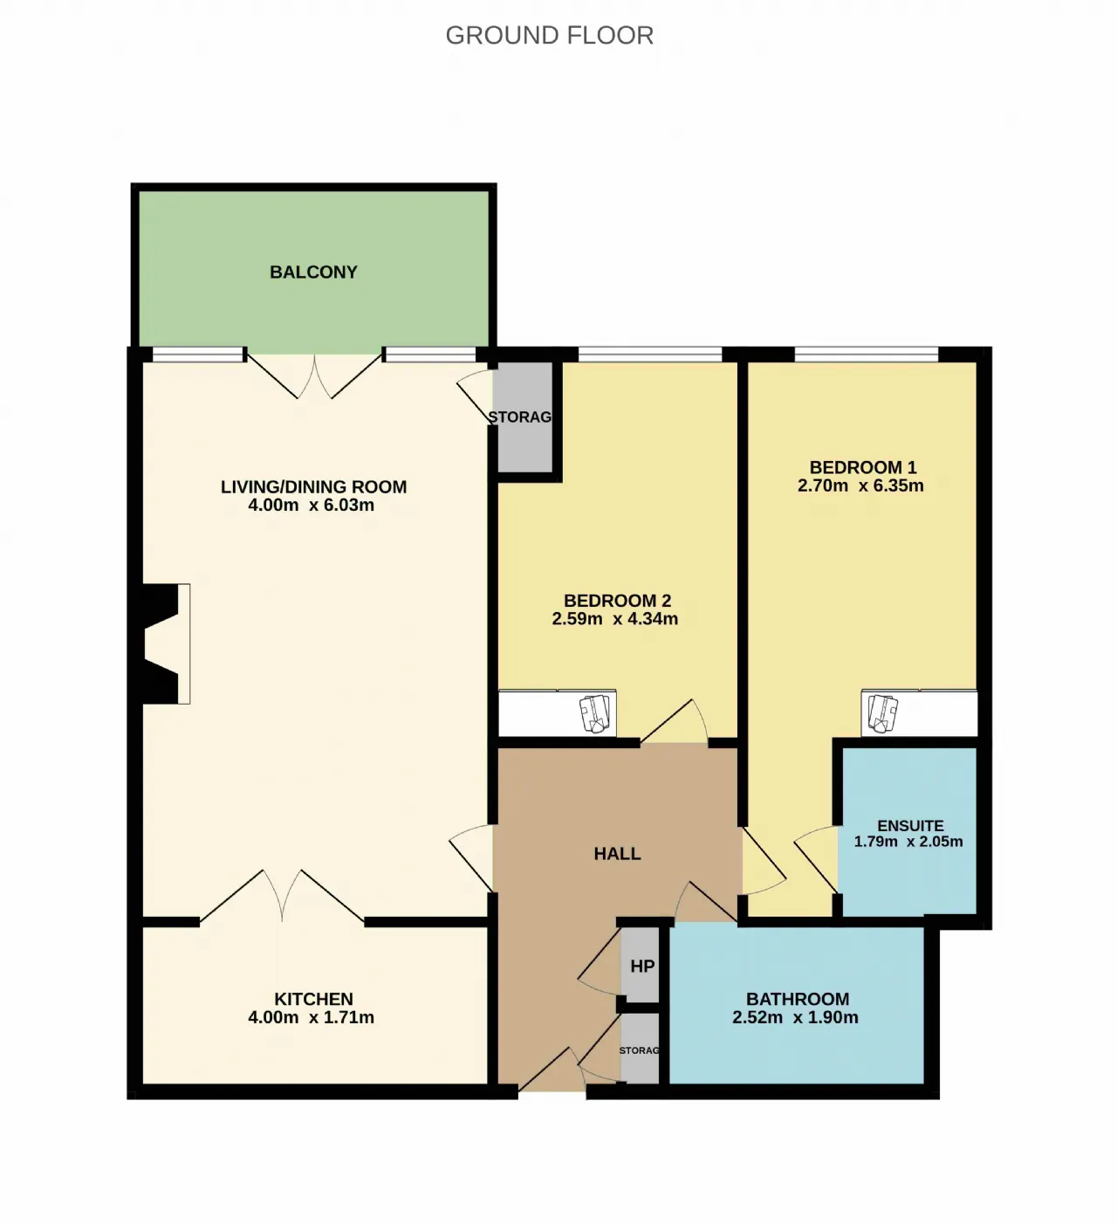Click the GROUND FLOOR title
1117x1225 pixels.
(550, 36)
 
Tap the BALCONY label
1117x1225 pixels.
(314, 272)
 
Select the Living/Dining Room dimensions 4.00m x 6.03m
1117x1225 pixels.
(312, 505)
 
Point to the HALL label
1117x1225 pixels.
(617, 854)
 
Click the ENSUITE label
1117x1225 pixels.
(911, 826)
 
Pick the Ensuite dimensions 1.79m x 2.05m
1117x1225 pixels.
(908, 842)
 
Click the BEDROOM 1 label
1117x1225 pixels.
(863, 467)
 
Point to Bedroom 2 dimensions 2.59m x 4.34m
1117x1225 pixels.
(614, 618)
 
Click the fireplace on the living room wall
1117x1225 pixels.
(160, 643)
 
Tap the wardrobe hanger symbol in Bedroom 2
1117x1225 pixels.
(594, 713)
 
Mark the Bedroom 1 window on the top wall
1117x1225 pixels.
(866, 354)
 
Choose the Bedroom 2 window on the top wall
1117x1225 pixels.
(650, 354)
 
